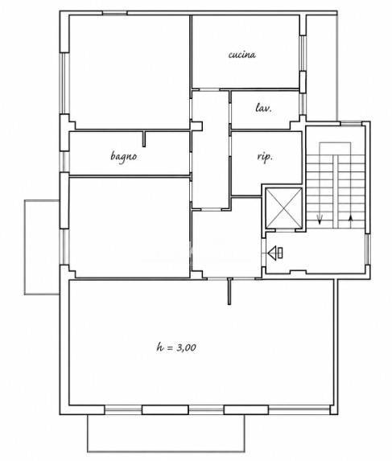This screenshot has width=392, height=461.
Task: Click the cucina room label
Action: [242, 55]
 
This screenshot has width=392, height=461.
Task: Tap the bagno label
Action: [124, 156]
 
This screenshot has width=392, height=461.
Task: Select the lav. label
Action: [263, 108]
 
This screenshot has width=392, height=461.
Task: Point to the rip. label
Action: [265, 157]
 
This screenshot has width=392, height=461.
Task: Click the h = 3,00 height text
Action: [176, 348]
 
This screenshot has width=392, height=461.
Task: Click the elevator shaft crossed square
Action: [284, 208]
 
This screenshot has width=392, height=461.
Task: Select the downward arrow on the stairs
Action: [320, 220]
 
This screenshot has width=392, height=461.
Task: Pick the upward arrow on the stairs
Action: [350, 221]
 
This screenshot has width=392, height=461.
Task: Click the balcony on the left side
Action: [42, 247]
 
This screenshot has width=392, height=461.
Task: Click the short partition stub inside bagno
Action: [144, 138]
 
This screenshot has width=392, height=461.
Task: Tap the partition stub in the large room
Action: [229, 292]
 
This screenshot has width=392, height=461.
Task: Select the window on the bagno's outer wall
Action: [64, 162]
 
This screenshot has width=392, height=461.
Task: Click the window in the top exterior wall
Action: [115, 13]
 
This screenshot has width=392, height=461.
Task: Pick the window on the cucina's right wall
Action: [303, 53]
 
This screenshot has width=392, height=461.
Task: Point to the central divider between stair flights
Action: [336, 191]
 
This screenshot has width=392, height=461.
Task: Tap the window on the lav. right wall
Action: [303, 104]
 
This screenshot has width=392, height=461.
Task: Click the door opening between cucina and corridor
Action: [209, 89]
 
